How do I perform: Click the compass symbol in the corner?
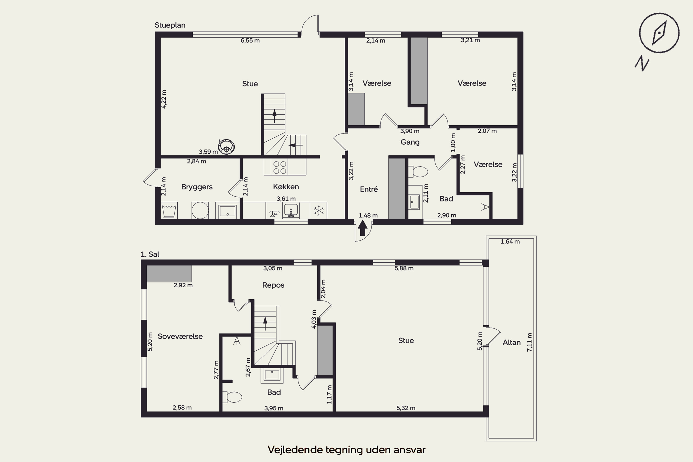(x=659, y=33)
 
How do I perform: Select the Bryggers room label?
(x=197, y=187)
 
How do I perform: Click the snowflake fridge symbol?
(x=319, y=210)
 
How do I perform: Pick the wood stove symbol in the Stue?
(x=226, y=147)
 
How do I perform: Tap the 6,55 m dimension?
(x=250, y=40)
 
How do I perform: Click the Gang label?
(x=410, y=142)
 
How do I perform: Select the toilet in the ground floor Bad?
(x=418, y=171)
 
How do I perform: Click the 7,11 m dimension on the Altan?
(x=529, y=342)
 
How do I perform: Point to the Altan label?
(x=511, y=342)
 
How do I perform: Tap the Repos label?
(x=273, y=285)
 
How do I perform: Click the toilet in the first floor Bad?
(x=232, y=397)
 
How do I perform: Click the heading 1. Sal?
(x=150, y=254)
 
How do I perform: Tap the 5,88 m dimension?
(x=404, y=268)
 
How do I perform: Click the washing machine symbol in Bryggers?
(x=200, y=210)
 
